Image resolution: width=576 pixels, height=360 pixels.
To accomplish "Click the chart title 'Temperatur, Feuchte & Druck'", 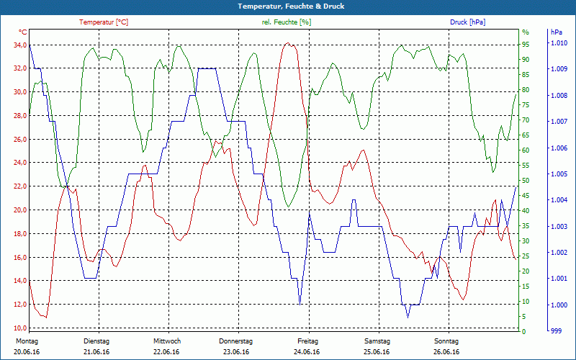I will point(288,6).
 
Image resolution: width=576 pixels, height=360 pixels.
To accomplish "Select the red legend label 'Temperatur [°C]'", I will point(104,22).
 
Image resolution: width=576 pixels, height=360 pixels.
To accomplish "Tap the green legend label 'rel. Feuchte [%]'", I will point(287,22).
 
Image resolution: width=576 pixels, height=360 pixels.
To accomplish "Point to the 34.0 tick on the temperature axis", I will point(17,45).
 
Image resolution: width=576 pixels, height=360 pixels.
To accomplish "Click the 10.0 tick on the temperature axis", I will point(17,328).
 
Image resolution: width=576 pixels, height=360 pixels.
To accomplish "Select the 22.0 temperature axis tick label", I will point(17,186).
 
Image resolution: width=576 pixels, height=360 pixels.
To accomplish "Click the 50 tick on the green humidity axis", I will point(526,181).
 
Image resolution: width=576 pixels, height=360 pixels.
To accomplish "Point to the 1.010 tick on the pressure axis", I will point(559,45).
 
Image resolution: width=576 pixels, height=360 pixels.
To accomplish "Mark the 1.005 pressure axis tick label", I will point(559,174).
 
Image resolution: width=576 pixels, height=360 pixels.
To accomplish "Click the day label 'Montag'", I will point(27,341).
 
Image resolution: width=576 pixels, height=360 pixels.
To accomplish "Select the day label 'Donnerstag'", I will point(236,341).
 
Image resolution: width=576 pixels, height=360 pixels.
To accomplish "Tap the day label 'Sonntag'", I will point(446,341).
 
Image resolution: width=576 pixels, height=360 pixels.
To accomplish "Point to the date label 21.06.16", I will point(96,352).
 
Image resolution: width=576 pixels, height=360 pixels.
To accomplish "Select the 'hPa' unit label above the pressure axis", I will point(557,32).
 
